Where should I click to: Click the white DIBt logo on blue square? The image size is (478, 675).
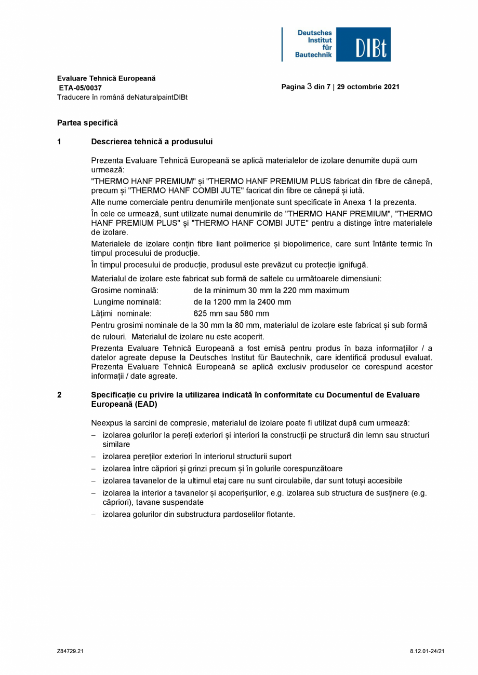(363, 45)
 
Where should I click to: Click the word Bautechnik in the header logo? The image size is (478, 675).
(313, 54)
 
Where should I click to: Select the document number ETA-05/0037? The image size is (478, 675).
(81, 88)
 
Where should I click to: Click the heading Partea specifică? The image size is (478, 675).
(87, 123)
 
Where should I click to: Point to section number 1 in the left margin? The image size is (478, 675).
(59, 142)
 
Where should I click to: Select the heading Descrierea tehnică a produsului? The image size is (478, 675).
(152, 142)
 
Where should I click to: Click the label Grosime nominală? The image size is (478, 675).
(125, 291)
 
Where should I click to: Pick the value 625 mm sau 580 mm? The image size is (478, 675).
(231, 314)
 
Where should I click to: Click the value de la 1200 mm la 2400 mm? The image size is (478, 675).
(242, 302)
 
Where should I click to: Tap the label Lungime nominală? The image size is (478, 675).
(127, 302)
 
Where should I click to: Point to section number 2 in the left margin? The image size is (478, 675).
(59, 395)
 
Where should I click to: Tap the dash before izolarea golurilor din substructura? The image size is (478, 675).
(94, 515)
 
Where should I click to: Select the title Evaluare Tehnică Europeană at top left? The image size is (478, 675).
(107, 78)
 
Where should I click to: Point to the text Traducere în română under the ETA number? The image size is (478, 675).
(88, 98)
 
